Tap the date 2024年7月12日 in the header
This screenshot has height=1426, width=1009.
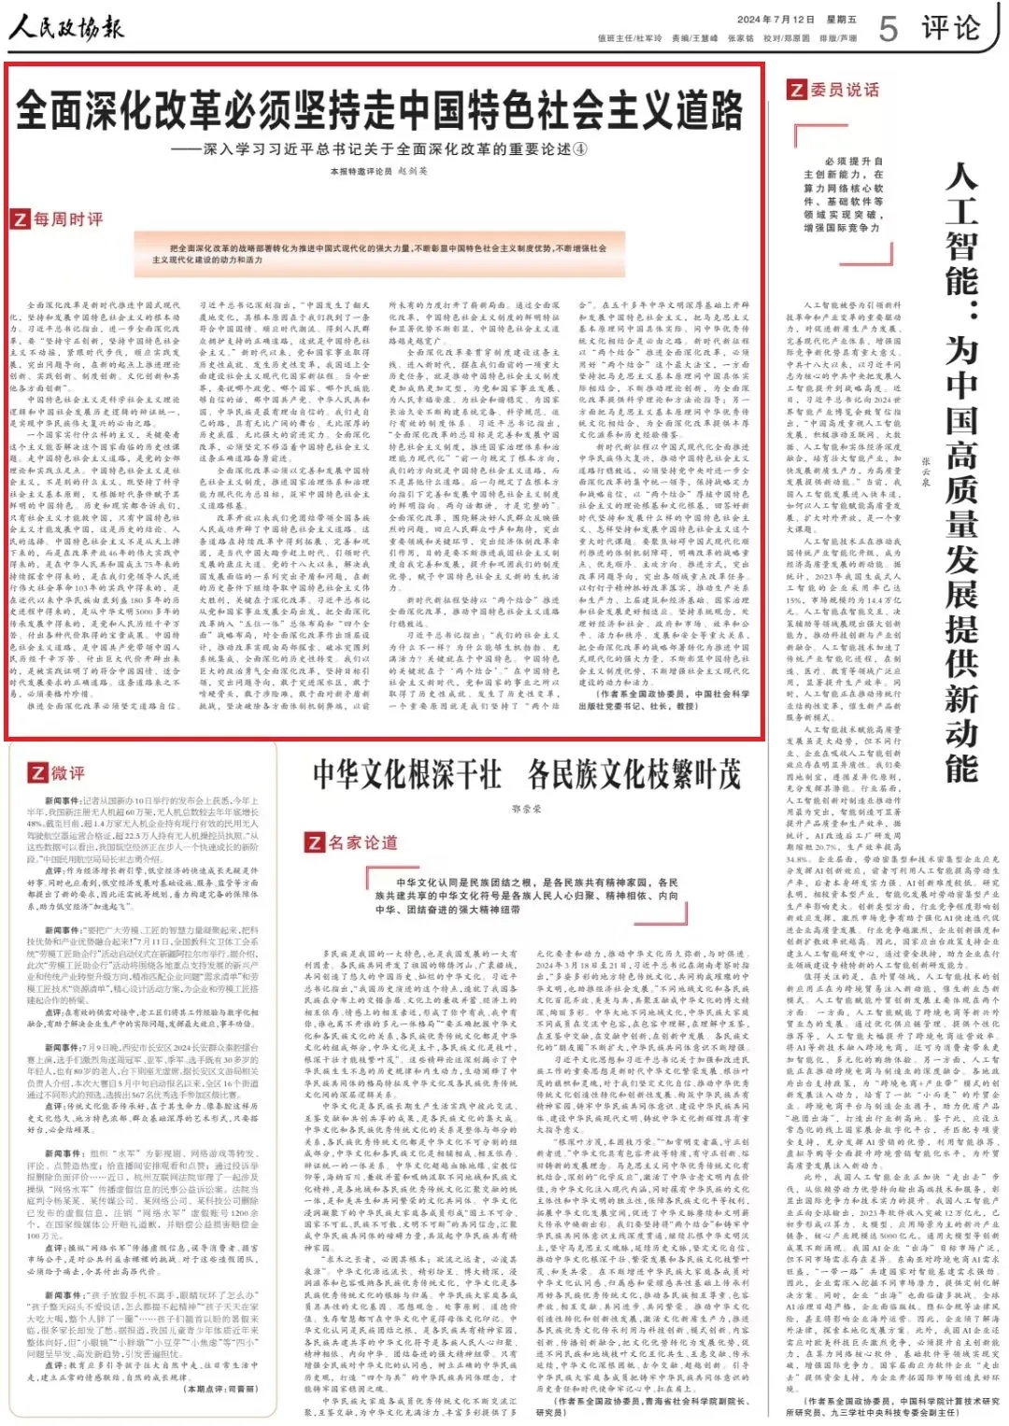pyautogui.click(x=775, y=19)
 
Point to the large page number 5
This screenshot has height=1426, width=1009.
pyautogui.click(x=888, y=29)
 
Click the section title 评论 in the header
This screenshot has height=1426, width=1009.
pyautogui.click(x=951, y=28)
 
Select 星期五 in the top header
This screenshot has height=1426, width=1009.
pyautogui.click(x=842, y=19)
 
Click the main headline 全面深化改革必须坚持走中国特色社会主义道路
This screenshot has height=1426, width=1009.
pyautogui.click(x=379, y=111)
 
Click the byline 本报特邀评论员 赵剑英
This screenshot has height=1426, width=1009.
pyautogui.click(x=378, y=172)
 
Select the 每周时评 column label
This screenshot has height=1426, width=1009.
pyautogui.click(x=68, y=219)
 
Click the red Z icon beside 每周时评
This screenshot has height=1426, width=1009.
pyautogui.click(x=20, y=219)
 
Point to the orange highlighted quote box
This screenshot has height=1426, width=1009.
pyautogui.click(x=378, y=254)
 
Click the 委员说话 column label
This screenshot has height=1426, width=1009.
pyautogui.click(x=845, y=90)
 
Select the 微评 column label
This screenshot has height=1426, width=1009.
pyautogui.click(x=68, y=773)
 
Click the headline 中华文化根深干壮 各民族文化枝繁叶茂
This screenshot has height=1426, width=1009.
pyautogui.click(x=526, y=774)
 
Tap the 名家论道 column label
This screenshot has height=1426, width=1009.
pyautogui.click(x=362, y=842)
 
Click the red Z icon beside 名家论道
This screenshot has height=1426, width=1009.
pyautogui.click(x=315, y=842)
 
